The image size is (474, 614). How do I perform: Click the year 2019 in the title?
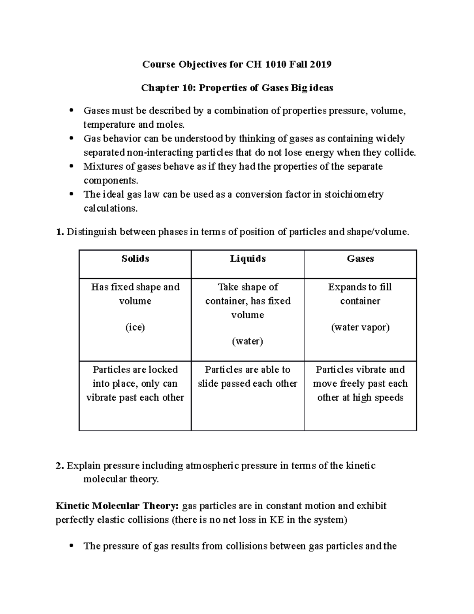click(x=320, y=64)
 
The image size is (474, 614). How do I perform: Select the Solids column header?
click(x=135, y=259)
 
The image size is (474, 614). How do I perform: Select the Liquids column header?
click(x=248, y=259)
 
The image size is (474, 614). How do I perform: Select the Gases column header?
click(x=360, y=259)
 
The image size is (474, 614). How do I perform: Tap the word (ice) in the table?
click(x=135, y=327)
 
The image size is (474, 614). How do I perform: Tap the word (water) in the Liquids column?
click(x=248, y=341)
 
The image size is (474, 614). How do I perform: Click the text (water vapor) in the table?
click(x=360, y=327)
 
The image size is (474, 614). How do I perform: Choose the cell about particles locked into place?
click(x=135, y=384)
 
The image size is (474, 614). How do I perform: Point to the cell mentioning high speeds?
click(x=360, y=384)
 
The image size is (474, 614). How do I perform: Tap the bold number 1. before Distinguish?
click(x=59, y=232)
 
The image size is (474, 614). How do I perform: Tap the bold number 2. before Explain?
click(x=59, y=466)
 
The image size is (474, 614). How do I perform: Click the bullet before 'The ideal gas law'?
click(x=71, y=194)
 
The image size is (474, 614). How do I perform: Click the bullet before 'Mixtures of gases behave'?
click(x=71, y=166)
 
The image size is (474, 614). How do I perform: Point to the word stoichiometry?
click(x=354, y=195)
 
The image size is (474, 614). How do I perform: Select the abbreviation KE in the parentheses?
click(x=276, y=520)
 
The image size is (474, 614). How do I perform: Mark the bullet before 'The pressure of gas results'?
click(x=71, y=546)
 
